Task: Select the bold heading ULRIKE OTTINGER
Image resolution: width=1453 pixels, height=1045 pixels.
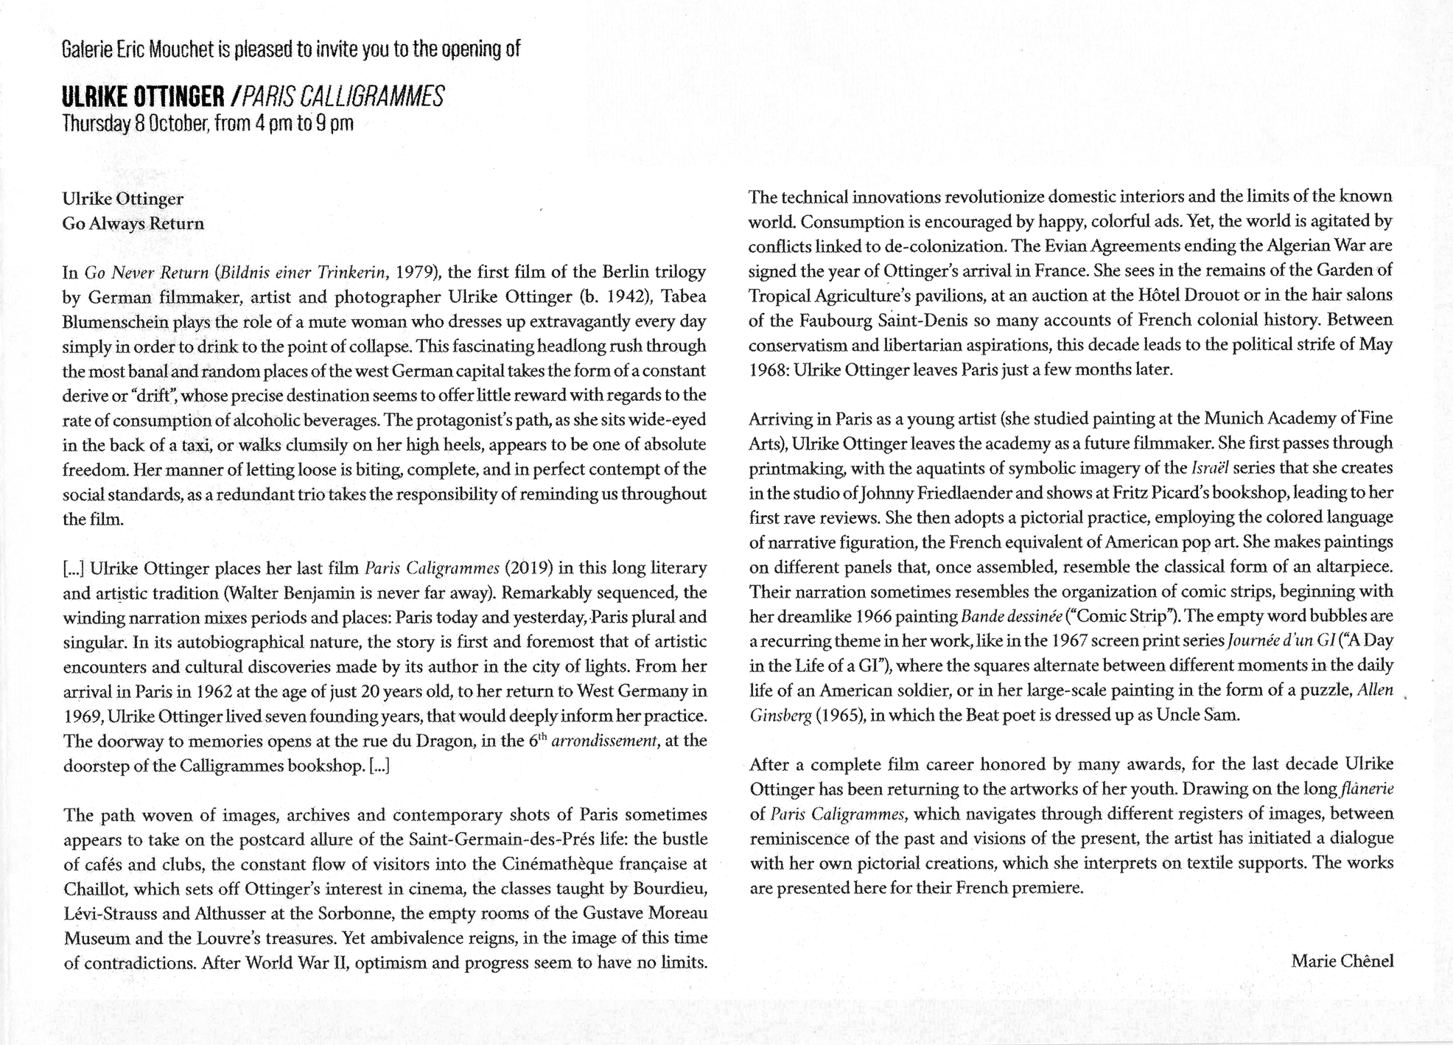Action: click(x=144, y=97)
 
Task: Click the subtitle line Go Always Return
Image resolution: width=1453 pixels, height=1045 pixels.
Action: click(x=133, y=224)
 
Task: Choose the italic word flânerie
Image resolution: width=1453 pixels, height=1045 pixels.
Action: click(x=1368, y=789)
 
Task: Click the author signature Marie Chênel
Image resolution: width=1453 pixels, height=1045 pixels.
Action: click(x=1342, y=961)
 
